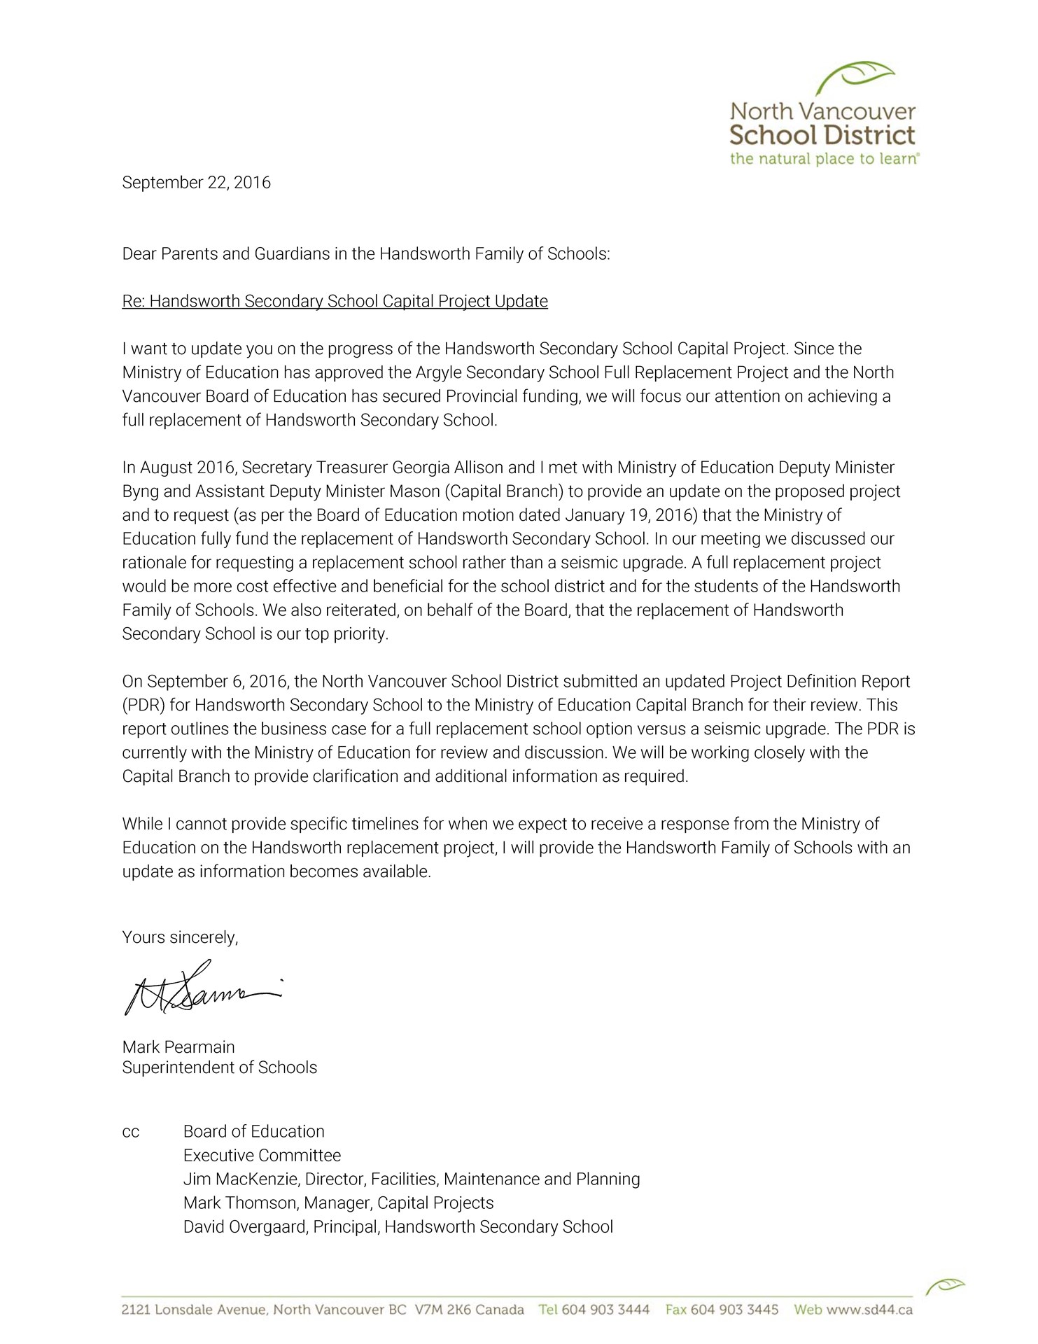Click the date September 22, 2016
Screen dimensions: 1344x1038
coord(196,183)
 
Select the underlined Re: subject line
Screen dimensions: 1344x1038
coord(335,301)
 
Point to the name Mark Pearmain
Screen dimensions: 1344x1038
coord(178,1047)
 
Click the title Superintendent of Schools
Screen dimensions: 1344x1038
coord(219,1067)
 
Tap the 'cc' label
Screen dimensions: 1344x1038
coord(131,1132)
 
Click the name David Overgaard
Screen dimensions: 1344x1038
coord(246,1227)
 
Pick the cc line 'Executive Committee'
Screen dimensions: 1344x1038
coord(262,1156)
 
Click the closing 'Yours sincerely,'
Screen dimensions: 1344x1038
coord(180,937)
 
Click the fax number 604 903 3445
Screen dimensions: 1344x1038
coord(734,1310)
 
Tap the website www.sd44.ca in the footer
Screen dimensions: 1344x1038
coord(869,1310)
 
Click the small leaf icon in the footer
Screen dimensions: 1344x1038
coord(945,1285)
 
